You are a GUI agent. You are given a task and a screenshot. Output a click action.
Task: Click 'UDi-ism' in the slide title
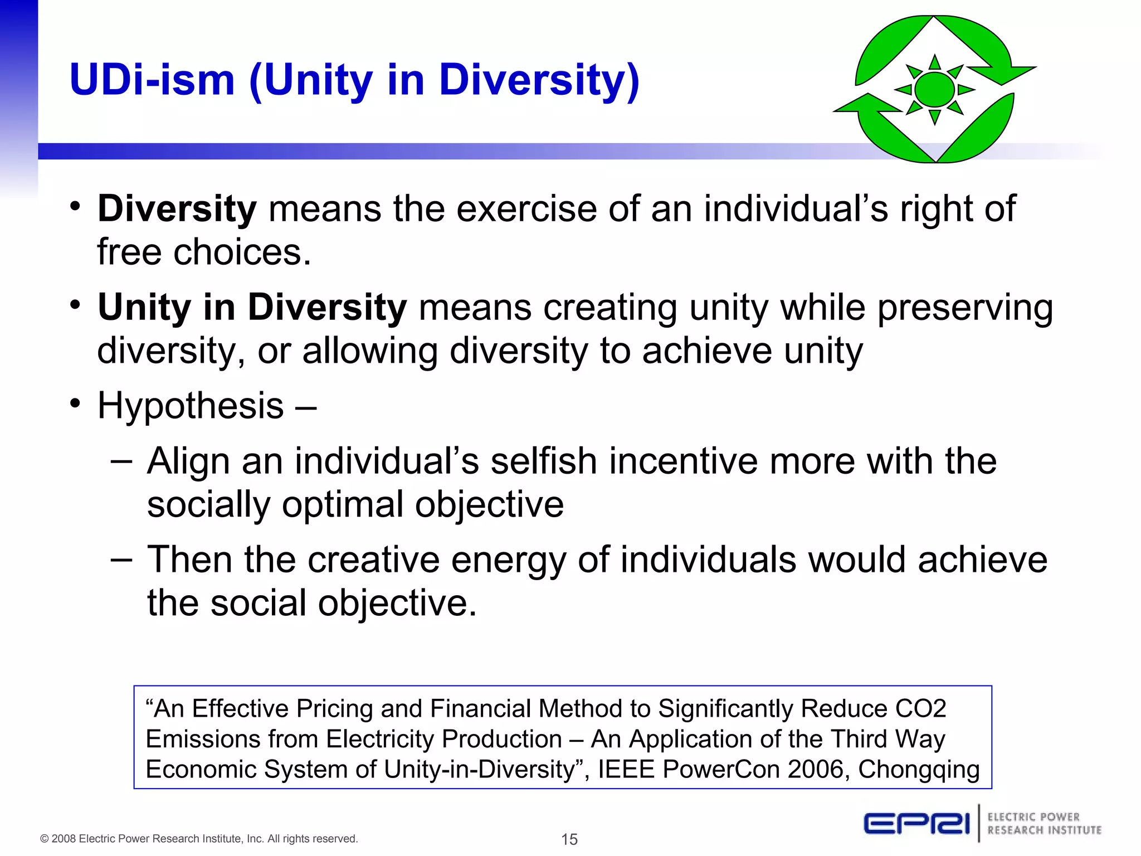point(152,80)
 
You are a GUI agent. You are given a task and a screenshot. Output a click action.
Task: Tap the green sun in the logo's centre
point(934,89)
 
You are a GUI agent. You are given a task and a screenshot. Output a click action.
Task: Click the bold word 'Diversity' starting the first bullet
point(177,210)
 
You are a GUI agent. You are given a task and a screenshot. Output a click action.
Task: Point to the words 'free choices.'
point(204,252)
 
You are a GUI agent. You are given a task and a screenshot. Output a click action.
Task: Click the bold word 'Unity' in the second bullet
point(144,308)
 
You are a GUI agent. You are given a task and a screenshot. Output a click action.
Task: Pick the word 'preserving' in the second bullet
point(965,308)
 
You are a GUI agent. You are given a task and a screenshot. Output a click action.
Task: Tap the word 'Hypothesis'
point(191,406)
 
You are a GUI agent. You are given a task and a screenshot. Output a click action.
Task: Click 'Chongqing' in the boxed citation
point(918,770)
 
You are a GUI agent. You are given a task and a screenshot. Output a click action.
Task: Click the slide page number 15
point(569,839)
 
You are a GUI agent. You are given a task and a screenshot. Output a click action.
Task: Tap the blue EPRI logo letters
point(916,824)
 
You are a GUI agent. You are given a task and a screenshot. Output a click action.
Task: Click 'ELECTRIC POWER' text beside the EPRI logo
point(1033,817)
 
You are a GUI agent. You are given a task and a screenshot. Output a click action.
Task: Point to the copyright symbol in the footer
point(45,839)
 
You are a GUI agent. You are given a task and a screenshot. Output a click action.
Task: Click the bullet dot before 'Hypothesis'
point(76,403)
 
